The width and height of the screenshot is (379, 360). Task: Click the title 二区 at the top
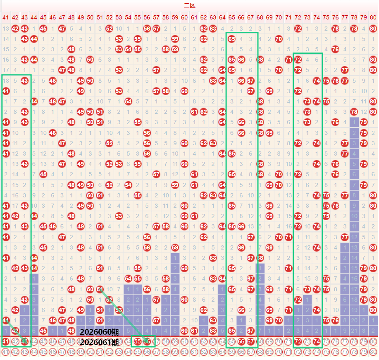pyautogui.click(x=189, y=5)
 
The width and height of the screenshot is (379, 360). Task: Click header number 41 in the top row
pyautogui.click(x=5, y=17)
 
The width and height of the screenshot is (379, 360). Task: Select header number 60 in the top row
pyautogui.click(x=184, y=17)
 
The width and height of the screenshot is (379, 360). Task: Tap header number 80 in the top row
pyautogui.click(x=373, y=17)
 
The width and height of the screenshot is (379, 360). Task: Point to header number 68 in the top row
pyautogui.click(x=260, y=17)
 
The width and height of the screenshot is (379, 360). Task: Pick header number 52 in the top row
pyautogui.click(x=109, y=17)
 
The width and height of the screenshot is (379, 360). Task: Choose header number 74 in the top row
pyautogui.click(x=317, y=17)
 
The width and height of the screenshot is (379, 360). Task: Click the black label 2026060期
pyautogui.click(x=99, y=332)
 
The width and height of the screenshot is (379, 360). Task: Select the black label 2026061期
pyautogui.click(x=99, y=342)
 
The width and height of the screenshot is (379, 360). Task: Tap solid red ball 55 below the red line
pyautogui.click(x=138, y=341)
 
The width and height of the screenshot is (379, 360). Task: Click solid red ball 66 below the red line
pyautogui.click(x=241, y=341)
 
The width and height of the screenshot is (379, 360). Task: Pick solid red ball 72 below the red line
pyautogui.click(x=298, y=341)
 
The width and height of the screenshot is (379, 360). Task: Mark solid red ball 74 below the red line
pyautogui.click(x=317, y=341)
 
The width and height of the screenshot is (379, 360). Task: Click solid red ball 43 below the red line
pyautogui.click(x=24, y=341)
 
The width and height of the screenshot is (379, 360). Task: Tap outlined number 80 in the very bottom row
pyautogui.click(x=373, y=352)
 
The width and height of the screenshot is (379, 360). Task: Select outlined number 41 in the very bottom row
pyautogui.click(x=5, y=352)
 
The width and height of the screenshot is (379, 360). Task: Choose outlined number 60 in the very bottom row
pyautogui.click(x=184, y=352)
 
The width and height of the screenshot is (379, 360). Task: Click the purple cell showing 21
pyautogui.click(x=354, y=330)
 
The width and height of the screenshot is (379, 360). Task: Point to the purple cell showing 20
pyautogui.click(x=354, y=320)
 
